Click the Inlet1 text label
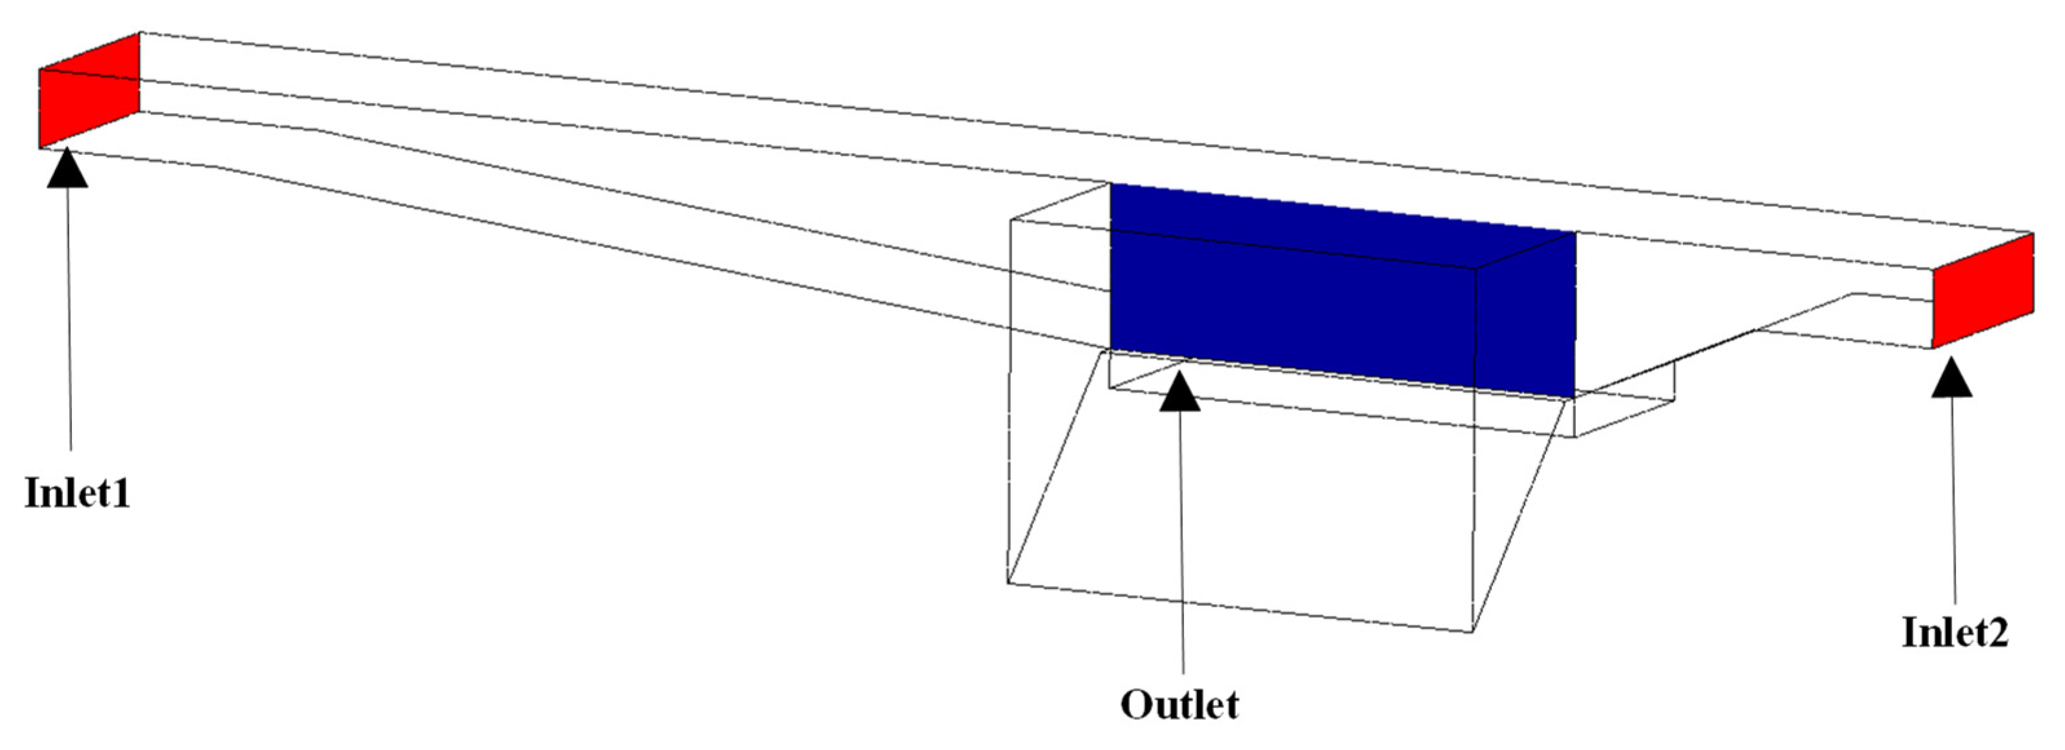point(77,492)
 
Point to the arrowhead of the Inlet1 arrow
point(67,169)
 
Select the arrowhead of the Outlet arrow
point(1180,393)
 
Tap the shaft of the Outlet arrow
point(1181,545)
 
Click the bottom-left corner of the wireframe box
point(1008,583)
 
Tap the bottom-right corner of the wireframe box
point(1472,631)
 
